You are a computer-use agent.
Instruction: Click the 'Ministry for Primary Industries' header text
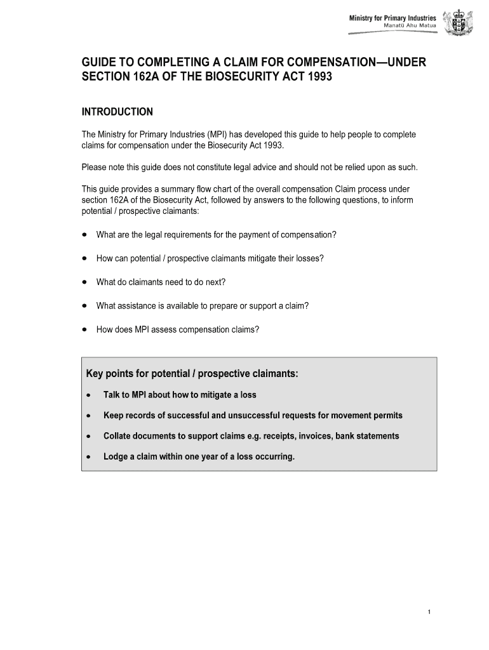(x=392, y=18)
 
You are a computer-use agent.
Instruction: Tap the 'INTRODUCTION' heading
(x=117, y=112)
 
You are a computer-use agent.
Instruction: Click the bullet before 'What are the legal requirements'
(x=84, y=235)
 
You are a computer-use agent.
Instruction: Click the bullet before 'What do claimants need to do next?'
(x=84, y=282)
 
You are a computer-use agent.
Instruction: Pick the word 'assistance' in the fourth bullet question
(x=136, y=306)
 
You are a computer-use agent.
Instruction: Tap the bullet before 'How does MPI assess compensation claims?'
(x=84, y=329)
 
